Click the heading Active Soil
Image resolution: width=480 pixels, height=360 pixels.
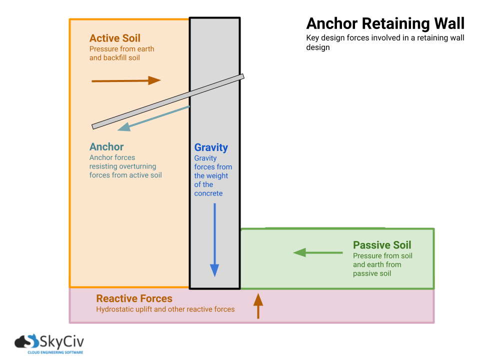point(114,38)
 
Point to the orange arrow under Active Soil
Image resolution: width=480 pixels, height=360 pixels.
point(126,80)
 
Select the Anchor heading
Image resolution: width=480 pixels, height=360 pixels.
point(106,147)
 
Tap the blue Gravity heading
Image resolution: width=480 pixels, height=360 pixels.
point(211,147)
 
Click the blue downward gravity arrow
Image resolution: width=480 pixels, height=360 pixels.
point(214,240)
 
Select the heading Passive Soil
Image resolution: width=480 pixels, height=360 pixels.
point(382,245)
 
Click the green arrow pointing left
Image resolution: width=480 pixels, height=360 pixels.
point(317,252)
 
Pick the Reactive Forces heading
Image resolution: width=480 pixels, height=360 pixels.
point(134,298)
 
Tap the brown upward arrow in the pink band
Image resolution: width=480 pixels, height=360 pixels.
point(258,306)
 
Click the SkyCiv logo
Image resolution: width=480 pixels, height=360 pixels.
point(49,342)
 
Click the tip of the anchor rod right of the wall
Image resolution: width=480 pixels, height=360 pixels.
point(241,77)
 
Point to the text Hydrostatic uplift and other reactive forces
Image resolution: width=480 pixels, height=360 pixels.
point(165,309)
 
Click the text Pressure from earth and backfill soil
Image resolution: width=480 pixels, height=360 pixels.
point(121,53)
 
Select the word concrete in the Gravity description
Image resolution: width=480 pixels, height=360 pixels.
point(208,193)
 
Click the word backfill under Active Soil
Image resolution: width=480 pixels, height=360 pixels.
point(116,58)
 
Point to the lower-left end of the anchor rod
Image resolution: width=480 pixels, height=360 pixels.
point(94,126)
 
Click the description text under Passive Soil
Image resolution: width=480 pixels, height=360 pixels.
point(382,264)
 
